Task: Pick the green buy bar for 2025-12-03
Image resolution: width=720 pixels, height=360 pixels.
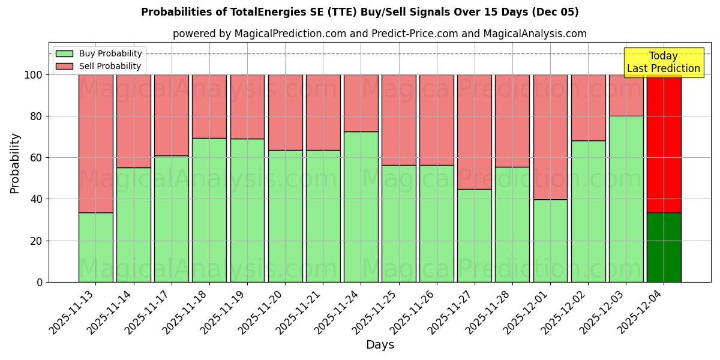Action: (x=626, y=199)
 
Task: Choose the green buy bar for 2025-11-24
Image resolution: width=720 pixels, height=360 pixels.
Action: (x=361, y=207)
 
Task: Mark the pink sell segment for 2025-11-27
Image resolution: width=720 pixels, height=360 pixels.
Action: (x=474, y=132)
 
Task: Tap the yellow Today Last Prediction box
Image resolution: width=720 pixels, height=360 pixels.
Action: (x=663, y=62)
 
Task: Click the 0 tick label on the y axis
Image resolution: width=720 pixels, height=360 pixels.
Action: (x=40, y=282)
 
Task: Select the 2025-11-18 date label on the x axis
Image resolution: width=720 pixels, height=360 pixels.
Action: (x=187, y=313)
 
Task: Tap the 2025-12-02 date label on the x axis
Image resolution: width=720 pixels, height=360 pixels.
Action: (x=566, y=313)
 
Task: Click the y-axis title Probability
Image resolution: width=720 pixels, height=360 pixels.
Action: (x=15, y=163)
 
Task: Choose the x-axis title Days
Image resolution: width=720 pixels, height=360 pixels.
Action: (x=380, y=345)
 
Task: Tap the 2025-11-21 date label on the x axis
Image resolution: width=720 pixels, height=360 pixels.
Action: (x=301, y=313)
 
